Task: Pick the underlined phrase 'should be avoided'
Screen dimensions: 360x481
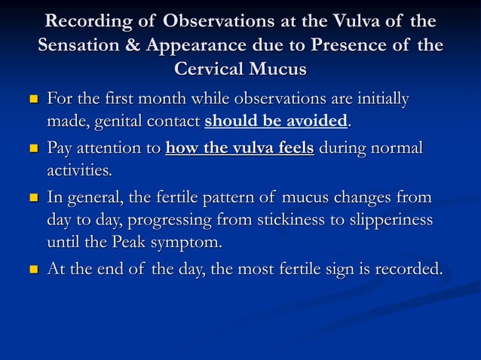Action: coord(276,121)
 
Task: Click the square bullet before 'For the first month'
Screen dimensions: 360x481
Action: coord(33,100)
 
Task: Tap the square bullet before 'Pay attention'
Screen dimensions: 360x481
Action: coord(33,147)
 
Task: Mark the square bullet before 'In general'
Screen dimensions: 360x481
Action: coord(33,199)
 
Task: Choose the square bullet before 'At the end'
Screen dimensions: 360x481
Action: coord(33,269)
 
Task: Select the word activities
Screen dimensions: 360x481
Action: coord(79,171)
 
